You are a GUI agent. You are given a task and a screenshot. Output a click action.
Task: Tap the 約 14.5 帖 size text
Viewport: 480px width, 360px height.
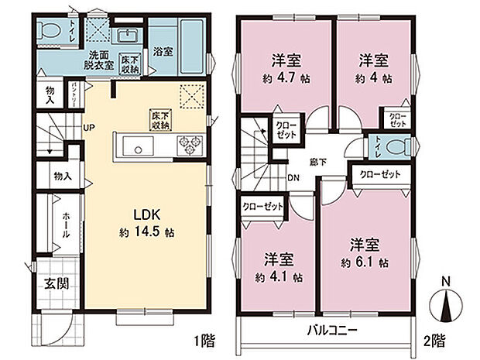click(x=147, y=231)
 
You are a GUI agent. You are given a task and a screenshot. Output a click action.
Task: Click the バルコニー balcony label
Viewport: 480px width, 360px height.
click(x=330, y=329)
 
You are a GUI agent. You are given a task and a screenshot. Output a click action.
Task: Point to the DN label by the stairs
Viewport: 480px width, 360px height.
click(x=294, y=177)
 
